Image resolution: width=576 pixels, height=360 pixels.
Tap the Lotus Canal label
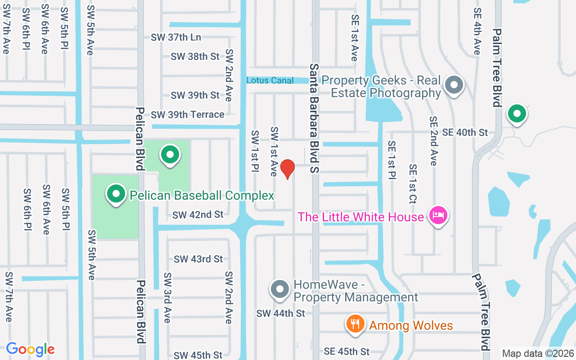point(270,81)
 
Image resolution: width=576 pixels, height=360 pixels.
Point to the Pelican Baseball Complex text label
point(202,195)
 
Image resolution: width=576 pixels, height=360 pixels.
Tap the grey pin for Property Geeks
point(454,84)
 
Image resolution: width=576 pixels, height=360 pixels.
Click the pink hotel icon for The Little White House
point(438,216)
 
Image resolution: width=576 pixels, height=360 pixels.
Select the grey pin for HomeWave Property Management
point(280,289)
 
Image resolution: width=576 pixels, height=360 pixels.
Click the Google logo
point(31,349)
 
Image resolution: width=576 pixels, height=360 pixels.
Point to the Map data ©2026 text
point(538,353)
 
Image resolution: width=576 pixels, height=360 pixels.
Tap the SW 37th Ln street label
point(176,37)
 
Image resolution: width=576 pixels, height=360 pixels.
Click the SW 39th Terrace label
point(188,115)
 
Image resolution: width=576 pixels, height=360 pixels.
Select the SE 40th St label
point(465,132)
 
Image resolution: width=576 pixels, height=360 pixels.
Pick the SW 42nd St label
point(198,215)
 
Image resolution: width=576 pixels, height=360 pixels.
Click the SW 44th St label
point(281,313)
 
